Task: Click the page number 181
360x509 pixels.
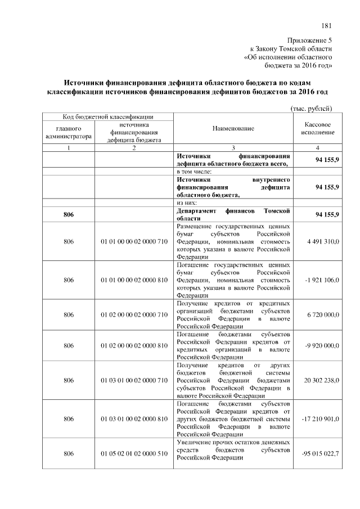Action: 327,25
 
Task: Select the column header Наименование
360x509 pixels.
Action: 233,128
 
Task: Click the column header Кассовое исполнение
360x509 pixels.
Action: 318,128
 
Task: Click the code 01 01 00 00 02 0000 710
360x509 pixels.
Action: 134,241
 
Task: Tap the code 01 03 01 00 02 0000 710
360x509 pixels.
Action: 134,380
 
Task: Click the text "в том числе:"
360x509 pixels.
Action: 193,171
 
